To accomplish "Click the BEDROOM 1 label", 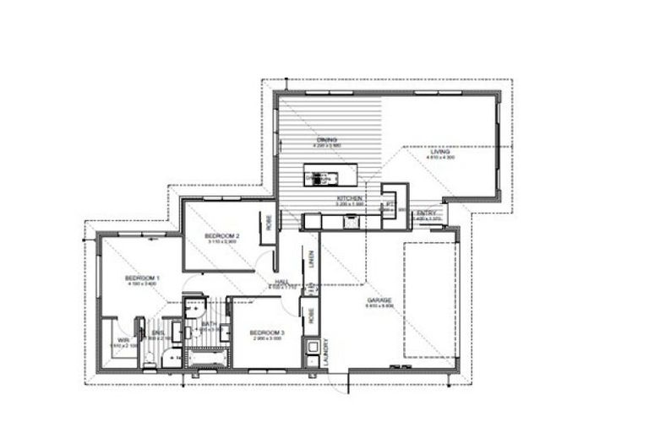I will [x=143, y=278].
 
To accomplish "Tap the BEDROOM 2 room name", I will [x=222, y=235].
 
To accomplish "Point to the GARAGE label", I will [x=378, y=300].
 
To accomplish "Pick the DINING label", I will [x=327, y=140].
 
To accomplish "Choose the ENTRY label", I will [x=427, y=213].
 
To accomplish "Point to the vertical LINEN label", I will [x=311, y=260].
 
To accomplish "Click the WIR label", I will [x=123, y=341].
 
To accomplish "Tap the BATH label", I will [x=207, y=323].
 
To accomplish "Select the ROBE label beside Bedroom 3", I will [x=311, y=316].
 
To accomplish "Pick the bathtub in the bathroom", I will [x=207, y=359].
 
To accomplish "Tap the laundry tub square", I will [x=312, y=347].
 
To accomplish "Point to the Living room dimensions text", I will [x=440, y=158].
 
